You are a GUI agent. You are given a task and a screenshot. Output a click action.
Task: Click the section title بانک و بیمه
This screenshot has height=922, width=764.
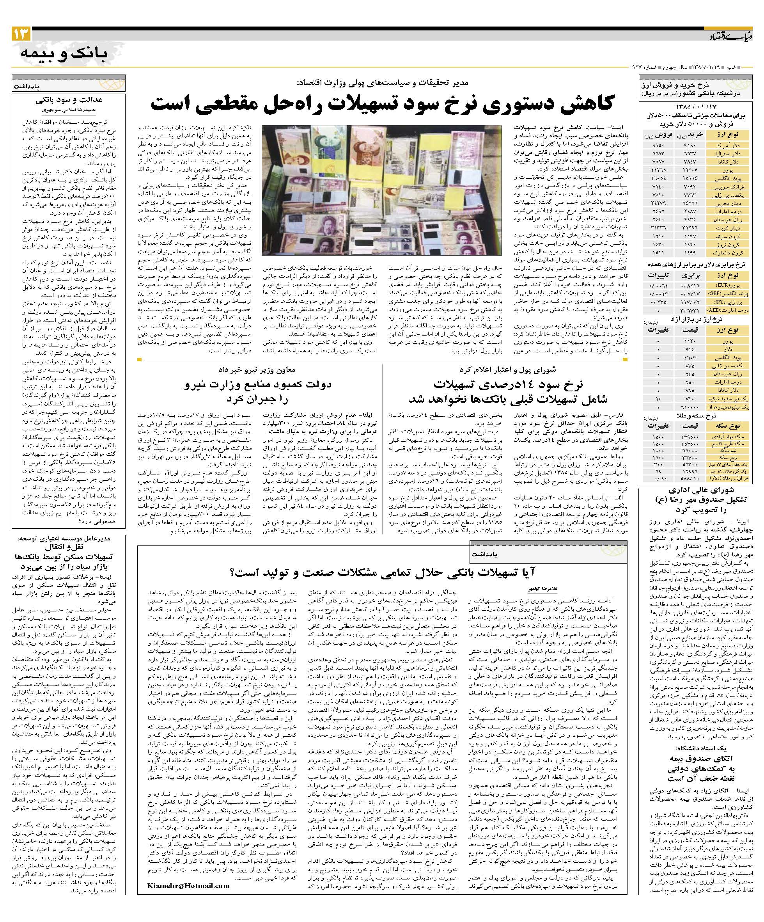(64, 55)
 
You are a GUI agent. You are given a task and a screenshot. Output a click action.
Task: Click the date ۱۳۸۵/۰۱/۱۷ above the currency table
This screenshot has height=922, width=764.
(695, 107)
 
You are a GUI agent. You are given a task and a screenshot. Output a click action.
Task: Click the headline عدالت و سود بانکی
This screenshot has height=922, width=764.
(69, 99)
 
